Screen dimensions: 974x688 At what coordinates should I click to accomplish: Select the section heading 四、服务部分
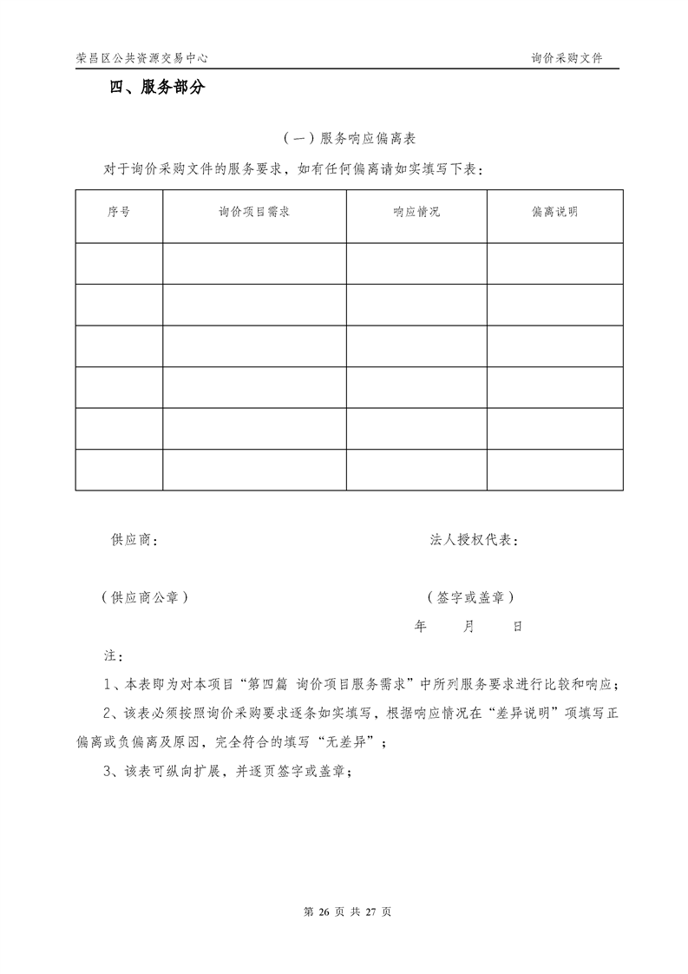(157, 88)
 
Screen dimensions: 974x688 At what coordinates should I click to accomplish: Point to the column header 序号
(119, 212)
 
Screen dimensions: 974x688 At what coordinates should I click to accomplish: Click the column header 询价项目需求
(254, 212)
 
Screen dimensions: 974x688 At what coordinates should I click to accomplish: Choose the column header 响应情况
(416, 212)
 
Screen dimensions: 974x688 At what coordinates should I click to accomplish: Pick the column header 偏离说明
(554, 212)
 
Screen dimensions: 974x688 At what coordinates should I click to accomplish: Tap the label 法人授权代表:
(475, 540)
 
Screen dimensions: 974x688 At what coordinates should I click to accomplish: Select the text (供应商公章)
(145, 597)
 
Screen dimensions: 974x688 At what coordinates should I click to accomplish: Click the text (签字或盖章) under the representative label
(470, 597)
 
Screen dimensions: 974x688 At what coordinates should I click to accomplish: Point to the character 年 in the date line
(421, 626)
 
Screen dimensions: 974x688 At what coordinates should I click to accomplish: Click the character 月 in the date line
(469, 626)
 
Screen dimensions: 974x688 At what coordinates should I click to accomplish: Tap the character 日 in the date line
(517, 626)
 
